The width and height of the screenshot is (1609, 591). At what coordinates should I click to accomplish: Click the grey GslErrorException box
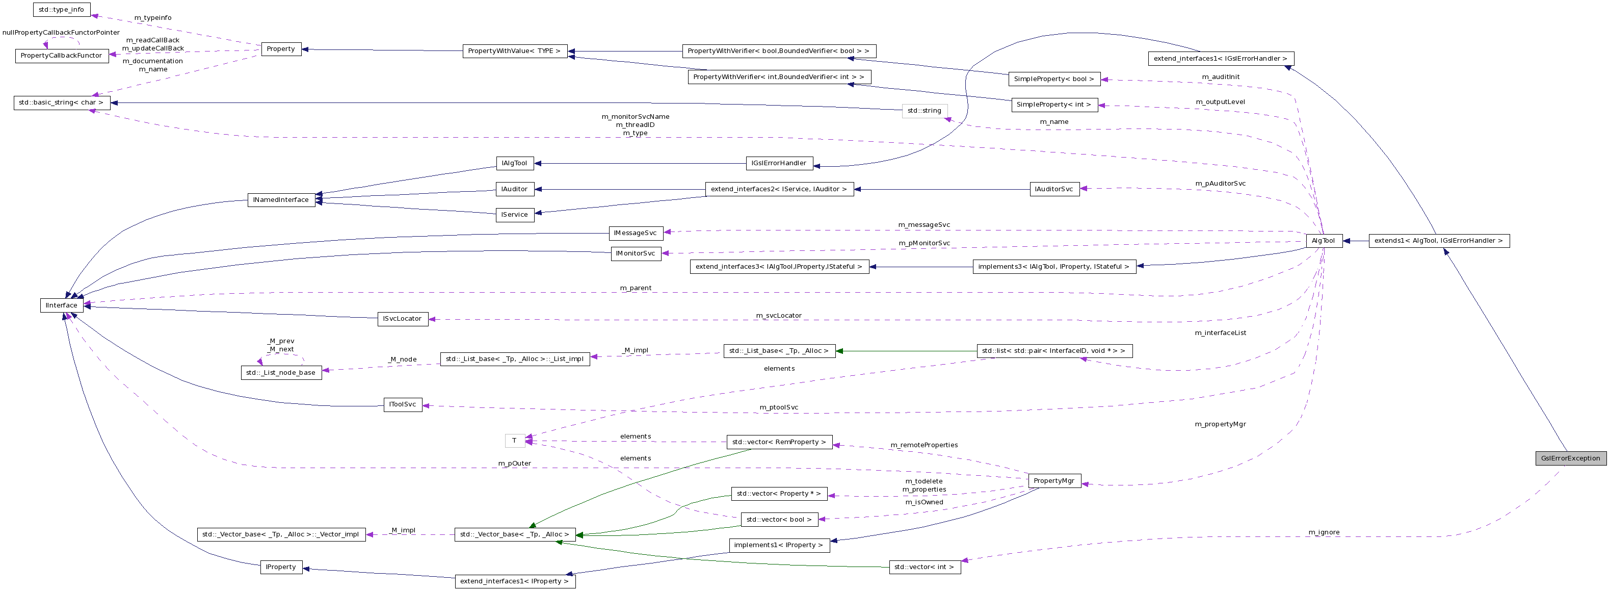(x=1570, y=458)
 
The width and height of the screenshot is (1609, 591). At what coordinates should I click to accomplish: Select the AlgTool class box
(x=1323, y=241)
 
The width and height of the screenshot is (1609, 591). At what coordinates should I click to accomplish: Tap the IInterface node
(x=61, y=305)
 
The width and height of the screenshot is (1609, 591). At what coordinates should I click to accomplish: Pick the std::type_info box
(x=61, y=9)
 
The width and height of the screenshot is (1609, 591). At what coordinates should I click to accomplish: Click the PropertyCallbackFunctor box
(x=61, y=56)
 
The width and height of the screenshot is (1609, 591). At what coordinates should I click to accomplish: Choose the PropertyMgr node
(x=1053, y=480)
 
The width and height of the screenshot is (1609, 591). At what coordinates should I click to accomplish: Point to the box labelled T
(x=514, y=441)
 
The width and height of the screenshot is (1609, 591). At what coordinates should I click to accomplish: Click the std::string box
(x=924, y=111)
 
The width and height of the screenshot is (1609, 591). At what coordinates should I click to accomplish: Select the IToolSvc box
(x=402, y=404)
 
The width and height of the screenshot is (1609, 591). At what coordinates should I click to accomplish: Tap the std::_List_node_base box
(x=280, y=373)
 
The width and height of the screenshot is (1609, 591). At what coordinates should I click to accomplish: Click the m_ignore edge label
(x=1324, y=532)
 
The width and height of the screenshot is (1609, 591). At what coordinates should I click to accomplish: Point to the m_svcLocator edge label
(x=778, y=316)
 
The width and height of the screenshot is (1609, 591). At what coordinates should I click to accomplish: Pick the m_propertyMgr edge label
(x=1220, y=424)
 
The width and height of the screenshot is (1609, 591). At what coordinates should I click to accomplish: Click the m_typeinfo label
(x=152, y=17)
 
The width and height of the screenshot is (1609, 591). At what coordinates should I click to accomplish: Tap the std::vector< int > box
(x=924, y=567)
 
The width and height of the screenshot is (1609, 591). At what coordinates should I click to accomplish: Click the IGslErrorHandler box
(x=779, y=163)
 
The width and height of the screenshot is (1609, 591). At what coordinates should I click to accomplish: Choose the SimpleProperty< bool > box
(x=1053, y=79)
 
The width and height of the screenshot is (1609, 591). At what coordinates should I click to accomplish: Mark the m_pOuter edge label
(x=514, y=464)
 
